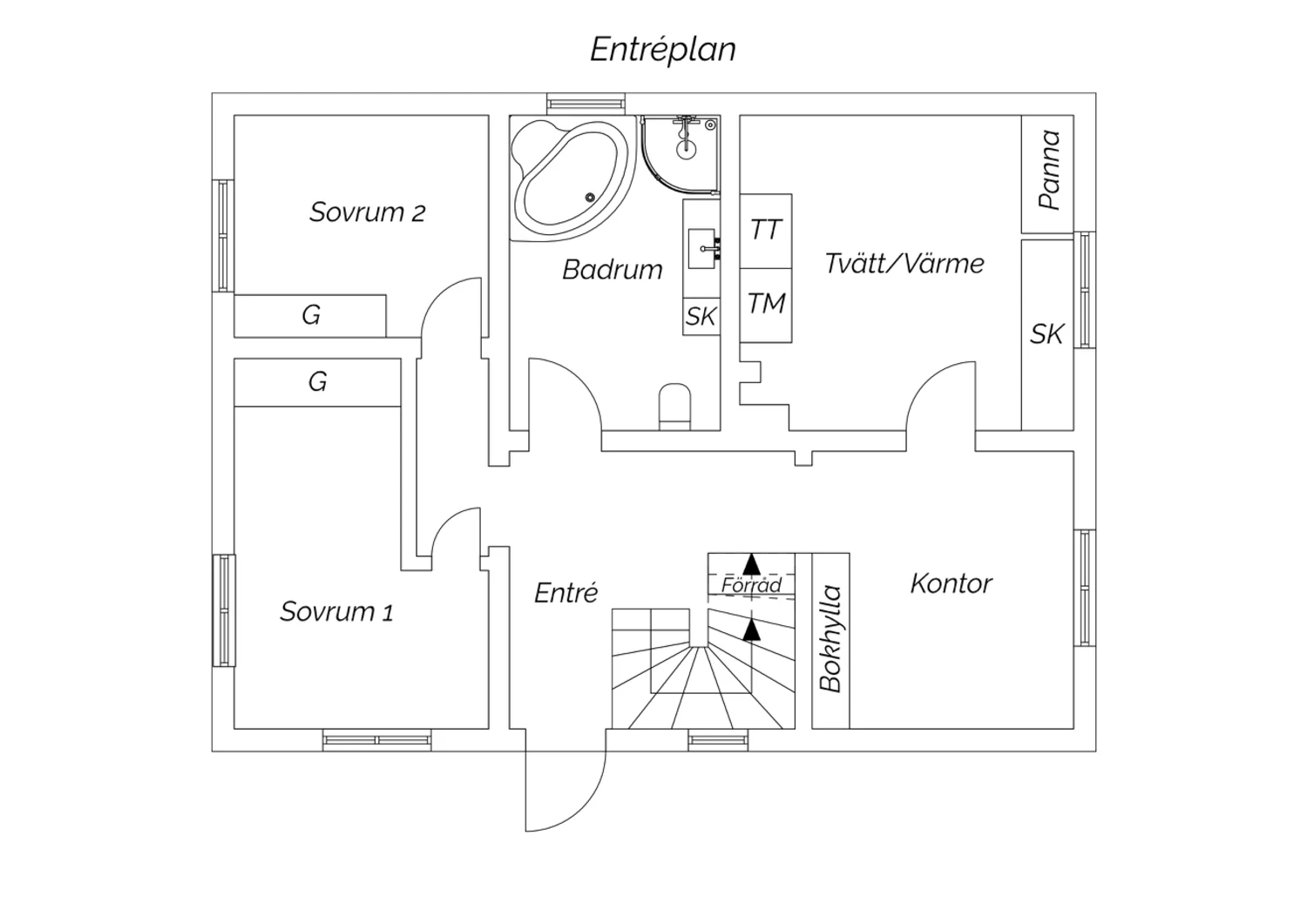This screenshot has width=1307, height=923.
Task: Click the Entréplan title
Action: coord(662,50)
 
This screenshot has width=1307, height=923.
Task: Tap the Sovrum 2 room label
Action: coord(367,212)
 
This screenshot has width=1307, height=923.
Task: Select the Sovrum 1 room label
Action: coord(336,611)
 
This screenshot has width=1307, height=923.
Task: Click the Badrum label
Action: coord(612,270)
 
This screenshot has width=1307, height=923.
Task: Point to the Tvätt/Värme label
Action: coord(904,264)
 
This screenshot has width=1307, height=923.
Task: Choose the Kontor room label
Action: coord(951,583)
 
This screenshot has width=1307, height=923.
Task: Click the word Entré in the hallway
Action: coord(565,593)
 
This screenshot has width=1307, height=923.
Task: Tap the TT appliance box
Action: coord(766,231)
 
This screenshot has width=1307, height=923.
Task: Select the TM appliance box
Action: coord(766,304)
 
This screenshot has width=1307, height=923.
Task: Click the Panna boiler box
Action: coord(1047,172)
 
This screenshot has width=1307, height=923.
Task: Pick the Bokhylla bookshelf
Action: coord(830,639)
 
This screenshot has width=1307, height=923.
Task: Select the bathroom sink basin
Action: coord(701,247)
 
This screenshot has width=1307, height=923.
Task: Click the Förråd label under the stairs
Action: coord(751,585)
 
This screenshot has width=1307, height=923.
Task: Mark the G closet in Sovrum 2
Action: coord(310,315)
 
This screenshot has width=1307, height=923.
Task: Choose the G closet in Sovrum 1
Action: coord(317,382)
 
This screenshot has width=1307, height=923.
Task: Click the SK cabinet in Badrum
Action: coord(701,317)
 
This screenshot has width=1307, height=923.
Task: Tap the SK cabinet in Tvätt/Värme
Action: coord(1046,334)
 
